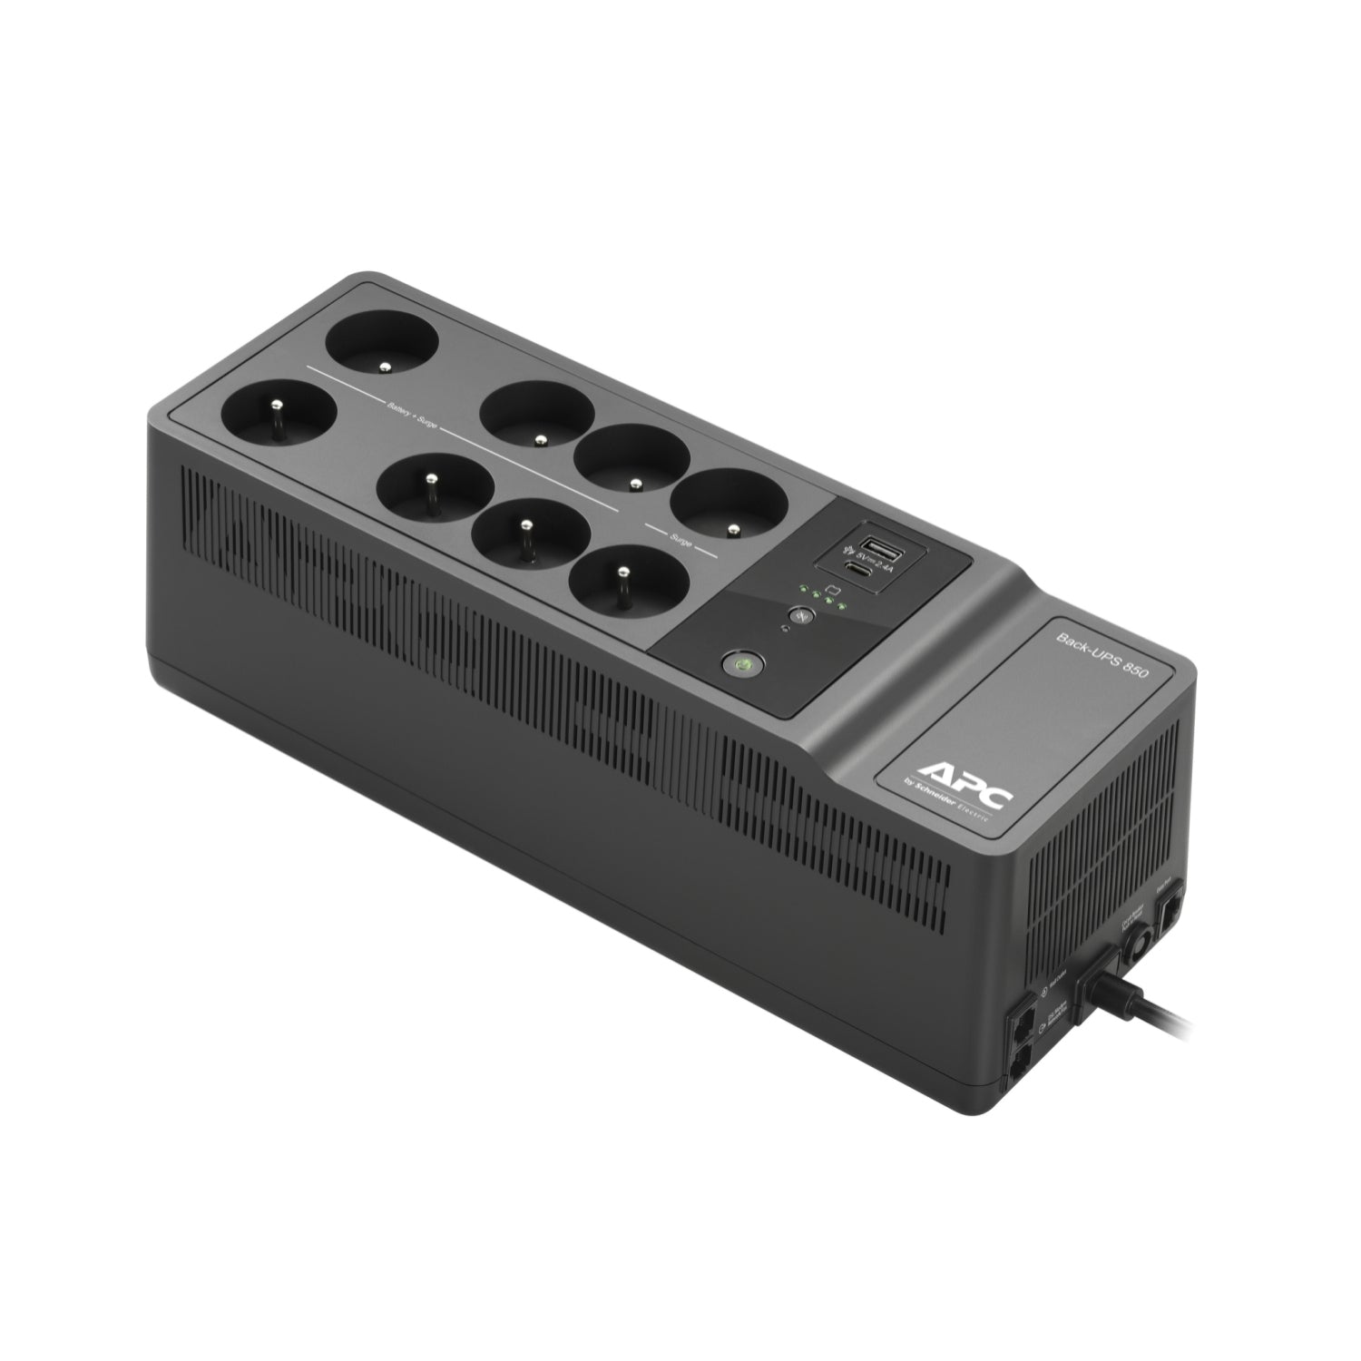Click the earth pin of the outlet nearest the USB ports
pyautogui.click(x=725, y=525)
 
